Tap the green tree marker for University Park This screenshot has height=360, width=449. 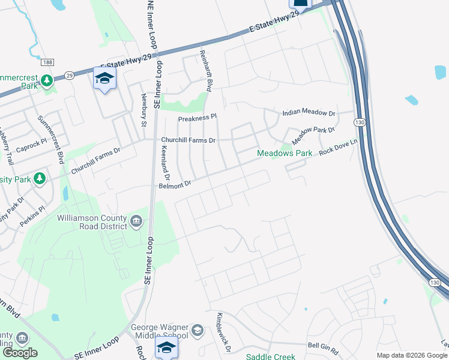pyautogui.click(x=40, y=178)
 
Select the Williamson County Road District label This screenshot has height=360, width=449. pyautogui.click(x=92, y=222)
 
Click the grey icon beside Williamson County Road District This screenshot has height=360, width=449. pyautogui.click(x=136, y=223)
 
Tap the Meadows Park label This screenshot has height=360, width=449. pyautogui.click(x=285, y=154)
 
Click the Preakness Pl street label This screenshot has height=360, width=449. pyautogui.click(x=196, y=119)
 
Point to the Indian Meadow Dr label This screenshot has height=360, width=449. pyautogui.click(x=309, y=113)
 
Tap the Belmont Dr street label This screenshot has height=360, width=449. pyautogui.click(x=174, y=185)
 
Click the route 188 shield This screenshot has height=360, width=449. pyautogui.click(x=48, y=62)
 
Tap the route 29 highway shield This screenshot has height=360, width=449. pyautogui.click(x=69, y=76)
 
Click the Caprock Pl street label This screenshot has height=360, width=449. pyautogui.click(x=31, y=145)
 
